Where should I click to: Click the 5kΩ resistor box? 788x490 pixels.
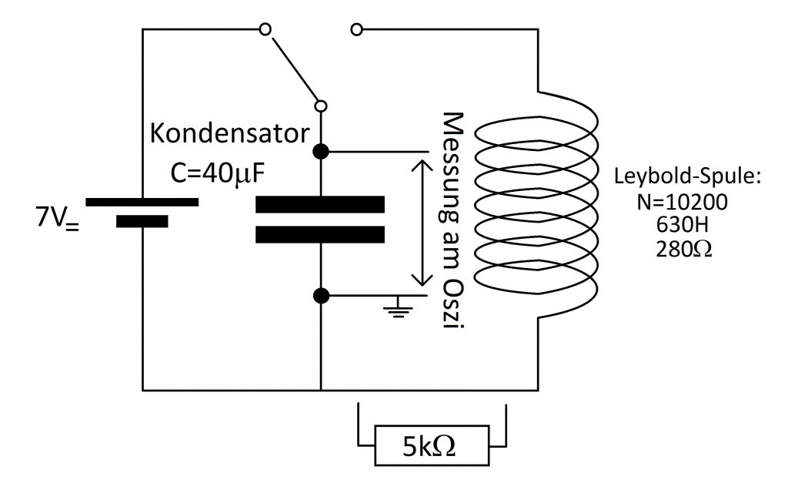coord(432,445)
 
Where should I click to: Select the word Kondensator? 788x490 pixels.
coord(229,134)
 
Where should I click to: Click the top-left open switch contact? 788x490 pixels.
coord(265,29)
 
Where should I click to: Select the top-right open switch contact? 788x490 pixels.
coord(356,30)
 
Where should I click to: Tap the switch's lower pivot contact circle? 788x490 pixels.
coord(321,106)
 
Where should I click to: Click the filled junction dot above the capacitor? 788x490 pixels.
coord(321,151)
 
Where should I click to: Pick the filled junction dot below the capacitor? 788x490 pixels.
coord(321,296)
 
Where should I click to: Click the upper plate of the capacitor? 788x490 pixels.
coord(320,204)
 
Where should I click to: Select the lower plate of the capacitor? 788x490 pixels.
coord(320,235)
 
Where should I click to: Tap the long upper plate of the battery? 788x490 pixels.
coord(142,202)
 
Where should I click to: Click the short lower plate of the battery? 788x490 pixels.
coord(142,221)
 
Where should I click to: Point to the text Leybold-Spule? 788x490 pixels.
coord(687,176)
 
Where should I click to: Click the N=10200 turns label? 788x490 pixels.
coord(682,202)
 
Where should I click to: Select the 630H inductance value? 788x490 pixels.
coord(682,225)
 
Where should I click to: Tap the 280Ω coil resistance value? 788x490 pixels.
coord(683,249)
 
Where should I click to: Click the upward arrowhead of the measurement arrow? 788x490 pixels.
coord(422,166)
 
